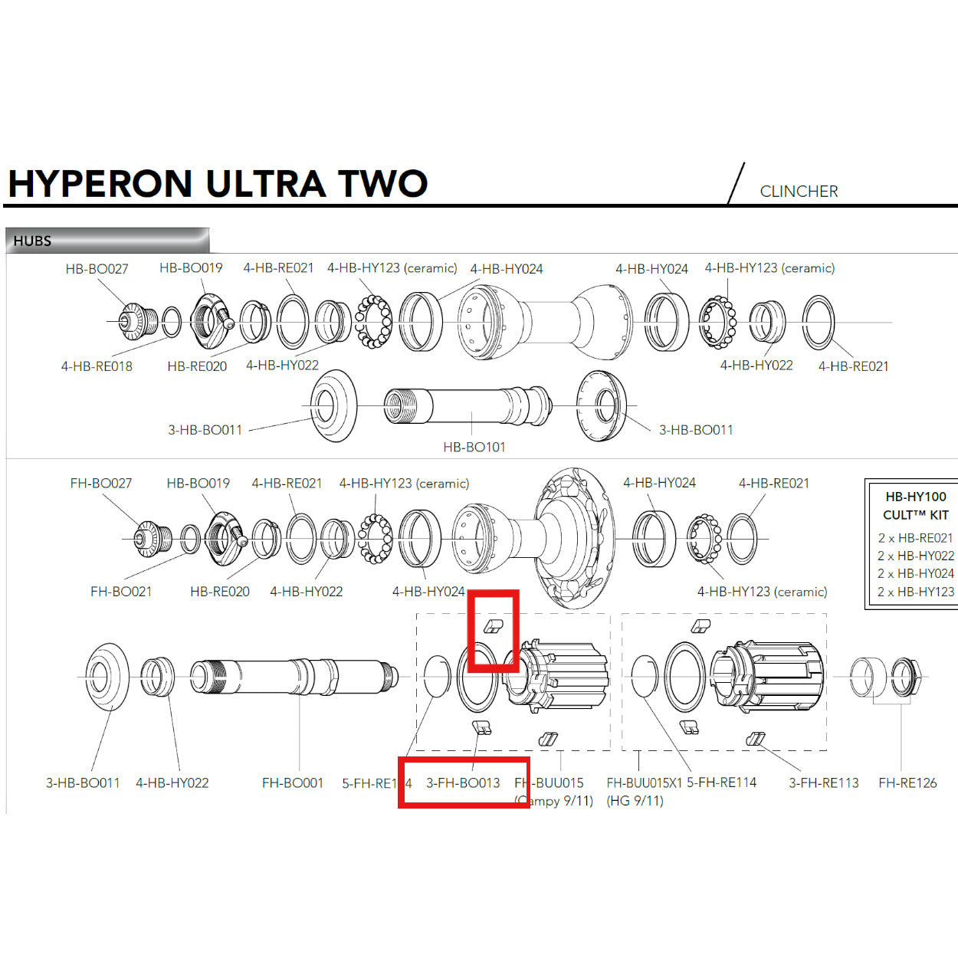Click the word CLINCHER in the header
[799, 192]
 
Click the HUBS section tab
[32, 241]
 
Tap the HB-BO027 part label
[97, 269]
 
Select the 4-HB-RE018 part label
[97, 366]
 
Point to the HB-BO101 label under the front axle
[474, 447]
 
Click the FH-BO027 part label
[100, 484]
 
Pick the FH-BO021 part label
[121, 592]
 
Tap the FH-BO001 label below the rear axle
[293, 783]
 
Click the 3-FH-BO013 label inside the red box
[463, 783]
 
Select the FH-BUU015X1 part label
[644, 783]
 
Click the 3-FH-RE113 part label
[824, 783]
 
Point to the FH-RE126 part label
[907, 783]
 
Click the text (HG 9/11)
[635, 801]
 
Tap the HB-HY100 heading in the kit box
[916, 497]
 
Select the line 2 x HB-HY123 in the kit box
[916, 592]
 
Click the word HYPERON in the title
[100, 184]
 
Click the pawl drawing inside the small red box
[492, 627]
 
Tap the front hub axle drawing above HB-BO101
[468, 405]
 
